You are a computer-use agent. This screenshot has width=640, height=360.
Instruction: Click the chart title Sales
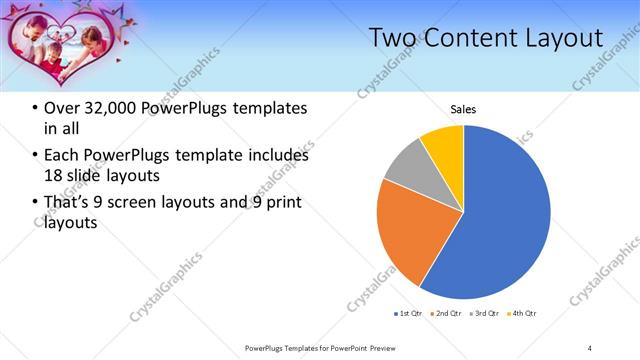pos(463,109)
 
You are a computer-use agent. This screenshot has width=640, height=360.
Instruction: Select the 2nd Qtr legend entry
pos(445,315)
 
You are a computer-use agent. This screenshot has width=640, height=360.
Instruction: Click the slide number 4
pos(590,347)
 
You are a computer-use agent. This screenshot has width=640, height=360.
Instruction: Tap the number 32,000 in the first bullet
pos(108,108)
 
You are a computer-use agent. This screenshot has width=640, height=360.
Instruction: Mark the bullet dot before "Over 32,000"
pos(35,108)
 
